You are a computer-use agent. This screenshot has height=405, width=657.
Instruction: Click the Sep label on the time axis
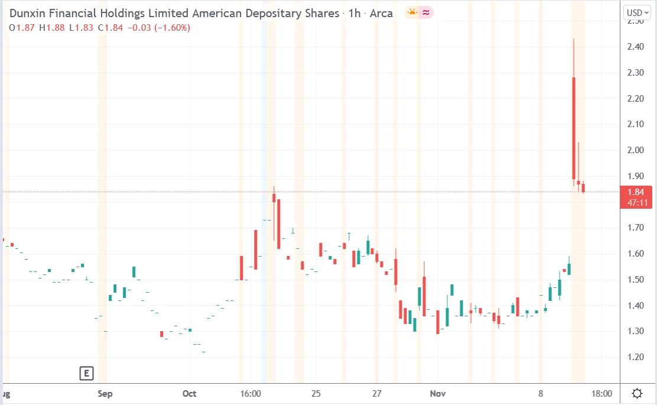click(105, 393)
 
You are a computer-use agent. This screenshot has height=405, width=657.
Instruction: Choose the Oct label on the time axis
click(190, 393)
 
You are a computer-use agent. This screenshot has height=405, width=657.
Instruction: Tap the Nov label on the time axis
click(437, 393)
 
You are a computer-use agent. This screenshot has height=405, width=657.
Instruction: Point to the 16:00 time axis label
click(251, 393)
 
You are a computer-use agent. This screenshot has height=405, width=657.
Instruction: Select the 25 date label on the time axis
click(316, 393)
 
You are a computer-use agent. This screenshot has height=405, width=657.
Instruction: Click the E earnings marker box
click(86, 373)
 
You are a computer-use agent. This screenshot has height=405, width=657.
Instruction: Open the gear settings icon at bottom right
click(638, 393)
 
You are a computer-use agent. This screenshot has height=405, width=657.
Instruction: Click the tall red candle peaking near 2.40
click(574, 127)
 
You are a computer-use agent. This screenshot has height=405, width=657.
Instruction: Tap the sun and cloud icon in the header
click(411, 12)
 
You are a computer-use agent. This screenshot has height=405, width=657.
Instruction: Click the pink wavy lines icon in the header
click(425, 12)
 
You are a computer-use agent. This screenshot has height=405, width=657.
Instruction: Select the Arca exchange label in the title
click(381, 13)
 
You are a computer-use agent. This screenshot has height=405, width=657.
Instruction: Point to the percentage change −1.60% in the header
click(172, 27)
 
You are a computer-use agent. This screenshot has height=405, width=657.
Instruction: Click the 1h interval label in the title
click(354, 13)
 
